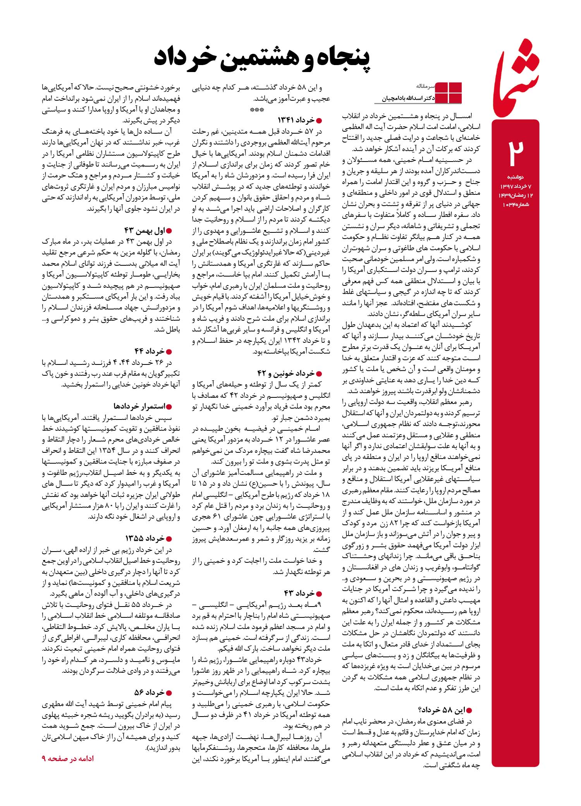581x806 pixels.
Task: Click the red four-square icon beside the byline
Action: [449, 93]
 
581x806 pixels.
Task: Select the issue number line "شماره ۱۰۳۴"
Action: [515, 204]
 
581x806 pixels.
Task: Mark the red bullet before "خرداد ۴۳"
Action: [319, 594]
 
